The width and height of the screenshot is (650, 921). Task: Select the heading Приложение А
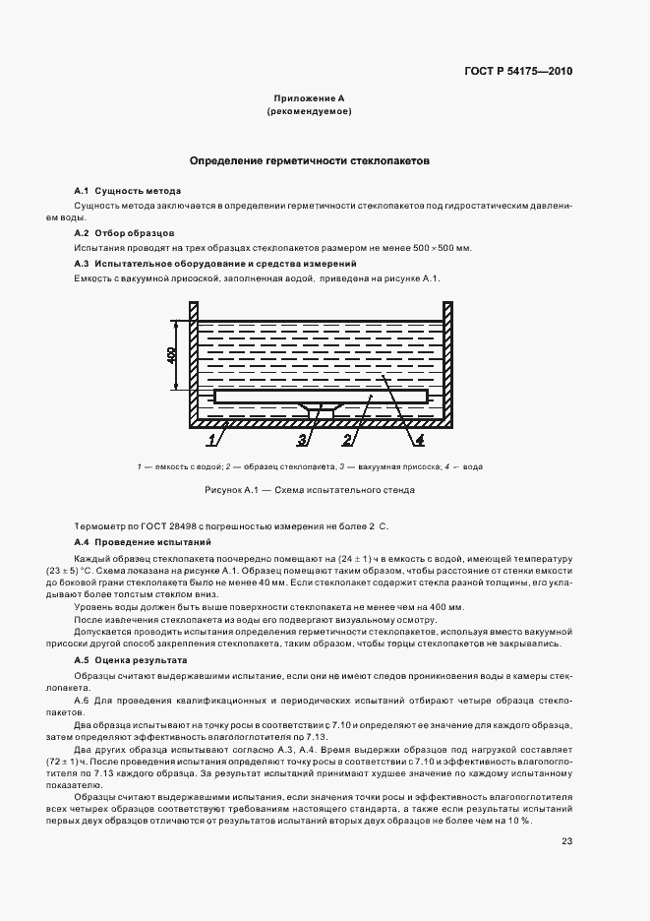pos(309,99)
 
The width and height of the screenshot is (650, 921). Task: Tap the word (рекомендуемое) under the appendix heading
pos(309,113)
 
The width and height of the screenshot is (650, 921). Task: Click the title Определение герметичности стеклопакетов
pos(309,159)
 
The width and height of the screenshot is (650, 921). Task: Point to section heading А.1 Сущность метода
pos(128,190)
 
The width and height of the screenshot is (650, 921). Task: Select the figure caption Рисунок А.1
pos(309,489)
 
